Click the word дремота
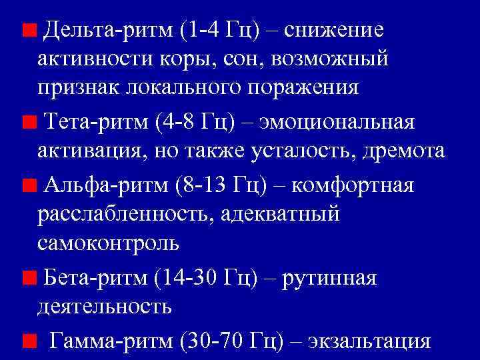pos(403,151)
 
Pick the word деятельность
pos(105,305)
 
